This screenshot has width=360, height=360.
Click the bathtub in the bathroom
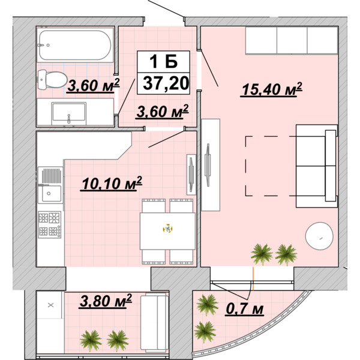(75, 45)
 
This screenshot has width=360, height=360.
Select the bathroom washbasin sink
(69, 113)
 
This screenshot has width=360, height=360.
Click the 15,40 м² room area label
(271, 89)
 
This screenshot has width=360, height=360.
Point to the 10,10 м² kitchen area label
(112, 184)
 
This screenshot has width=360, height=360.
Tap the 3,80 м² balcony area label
(106, 301)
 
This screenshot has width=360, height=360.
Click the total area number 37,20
(166, 83)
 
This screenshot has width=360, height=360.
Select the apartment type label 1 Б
(163, 61)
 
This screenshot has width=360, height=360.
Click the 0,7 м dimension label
(245, 309)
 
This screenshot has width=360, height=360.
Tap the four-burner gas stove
(50, 224)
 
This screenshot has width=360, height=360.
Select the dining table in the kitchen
(167, 231)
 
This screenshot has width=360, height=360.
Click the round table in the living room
(319, 236)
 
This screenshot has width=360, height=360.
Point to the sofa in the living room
(317, 166)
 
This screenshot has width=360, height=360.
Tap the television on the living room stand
(208, 164)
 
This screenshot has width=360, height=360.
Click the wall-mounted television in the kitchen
(191, 175)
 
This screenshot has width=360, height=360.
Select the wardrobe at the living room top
(292, 40)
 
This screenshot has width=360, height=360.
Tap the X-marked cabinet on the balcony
(50, 305)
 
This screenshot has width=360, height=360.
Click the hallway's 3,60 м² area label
(163, 112)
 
